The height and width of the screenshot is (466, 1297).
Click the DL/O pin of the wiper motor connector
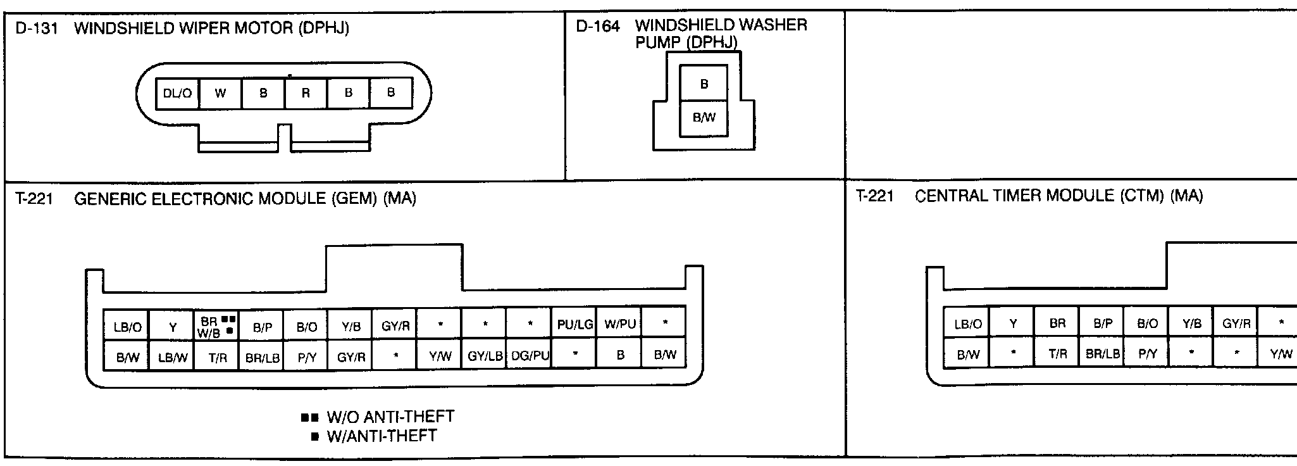177,94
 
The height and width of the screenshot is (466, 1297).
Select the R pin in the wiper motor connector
306,94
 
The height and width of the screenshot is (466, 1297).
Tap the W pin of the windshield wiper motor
220,94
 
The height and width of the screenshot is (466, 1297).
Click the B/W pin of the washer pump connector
704,118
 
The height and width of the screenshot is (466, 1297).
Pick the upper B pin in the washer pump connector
704,84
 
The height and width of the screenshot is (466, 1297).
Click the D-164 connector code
598,27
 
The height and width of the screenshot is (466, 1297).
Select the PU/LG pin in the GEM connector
574,325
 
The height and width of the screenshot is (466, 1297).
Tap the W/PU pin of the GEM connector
619,325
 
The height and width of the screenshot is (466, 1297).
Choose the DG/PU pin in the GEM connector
530,356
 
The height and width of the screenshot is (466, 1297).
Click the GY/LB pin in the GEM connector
485,356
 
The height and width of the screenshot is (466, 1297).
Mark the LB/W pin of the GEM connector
172,357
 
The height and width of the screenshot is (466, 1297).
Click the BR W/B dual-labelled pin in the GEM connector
217,327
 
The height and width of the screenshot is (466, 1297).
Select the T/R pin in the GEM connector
217,357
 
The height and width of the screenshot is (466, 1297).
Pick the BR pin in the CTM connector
1057,324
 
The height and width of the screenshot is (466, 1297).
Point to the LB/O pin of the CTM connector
967,324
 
